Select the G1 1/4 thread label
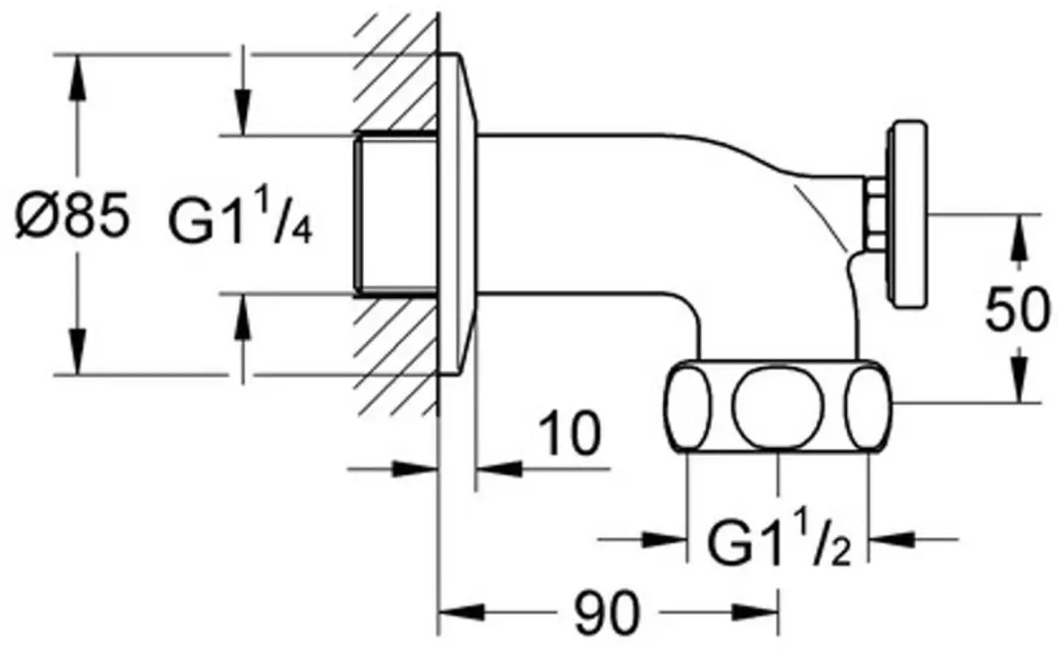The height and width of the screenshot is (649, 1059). tap(240, 220)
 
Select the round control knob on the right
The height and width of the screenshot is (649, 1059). tap(907, 216)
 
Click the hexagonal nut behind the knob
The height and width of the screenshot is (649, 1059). tap(876, 214)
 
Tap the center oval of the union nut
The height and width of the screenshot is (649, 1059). tap(779, 407)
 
